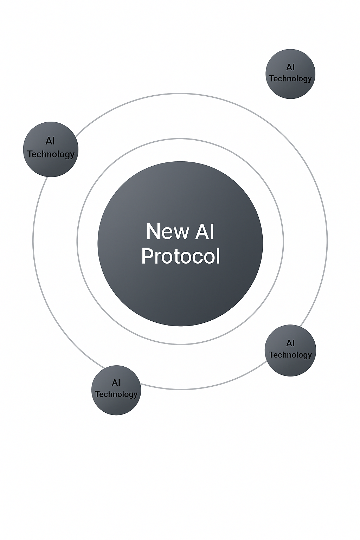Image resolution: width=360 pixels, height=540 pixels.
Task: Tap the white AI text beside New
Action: pyautogui.click(x=205, y=232)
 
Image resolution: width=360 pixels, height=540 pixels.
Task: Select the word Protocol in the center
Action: pyautogui.click(x=180, y=256)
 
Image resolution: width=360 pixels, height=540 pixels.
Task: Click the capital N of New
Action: pyautogui.click(x=153, y=232)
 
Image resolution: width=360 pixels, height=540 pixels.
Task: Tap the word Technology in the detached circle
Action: pyautogui.click(x=290, y=79)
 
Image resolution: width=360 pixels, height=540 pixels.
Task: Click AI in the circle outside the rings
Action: pyautogui.click(x=290, y=67)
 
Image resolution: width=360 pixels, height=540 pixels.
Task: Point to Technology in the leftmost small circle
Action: pyautogui.click(x=51, y=154)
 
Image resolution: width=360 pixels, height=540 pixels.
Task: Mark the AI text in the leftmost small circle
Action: pyautogui.click(x=50, y=141)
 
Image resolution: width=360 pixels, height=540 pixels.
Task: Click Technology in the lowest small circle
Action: pyautogui.click(x=116, y=394)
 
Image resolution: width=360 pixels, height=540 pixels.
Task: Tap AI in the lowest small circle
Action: pyautogui.click(x=116, y=382)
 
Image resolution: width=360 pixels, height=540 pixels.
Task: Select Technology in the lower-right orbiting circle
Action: pyautogui.click(x=290, y=355)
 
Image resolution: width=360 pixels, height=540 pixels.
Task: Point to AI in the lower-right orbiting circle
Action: pyautogui.click(x=290, y=343)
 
